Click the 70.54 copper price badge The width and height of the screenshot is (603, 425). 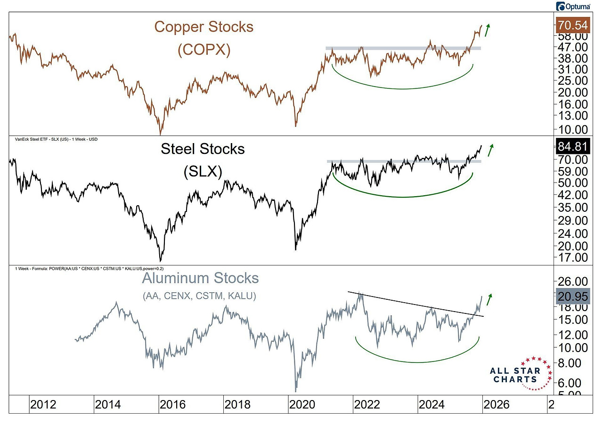[572, 25]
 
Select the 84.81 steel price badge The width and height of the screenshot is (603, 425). [572, 147]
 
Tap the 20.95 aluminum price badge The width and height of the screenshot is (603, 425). [572, 296]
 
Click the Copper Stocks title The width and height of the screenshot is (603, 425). [204, 27]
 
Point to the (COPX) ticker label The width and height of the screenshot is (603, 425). [204, 50]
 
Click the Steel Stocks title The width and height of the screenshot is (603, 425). [203, 149]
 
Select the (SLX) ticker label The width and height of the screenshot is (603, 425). [203, 172]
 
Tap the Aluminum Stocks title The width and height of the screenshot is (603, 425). [200, 278]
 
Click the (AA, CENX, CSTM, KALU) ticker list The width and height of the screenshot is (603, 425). [199, 296]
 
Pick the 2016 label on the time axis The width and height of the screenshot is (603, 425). [172, 404]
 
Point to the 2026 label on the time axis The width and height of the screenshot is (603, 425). [496, 404]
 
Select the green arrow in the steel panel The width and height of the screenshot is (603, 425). [491, 150]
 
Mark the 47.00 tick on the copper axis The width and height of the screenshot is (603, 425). [571, 47]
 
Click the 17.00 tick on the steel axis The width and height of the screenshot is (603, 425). [571, 257]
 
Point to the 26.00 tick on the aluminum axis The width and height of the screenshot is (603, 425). [571, 282]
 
